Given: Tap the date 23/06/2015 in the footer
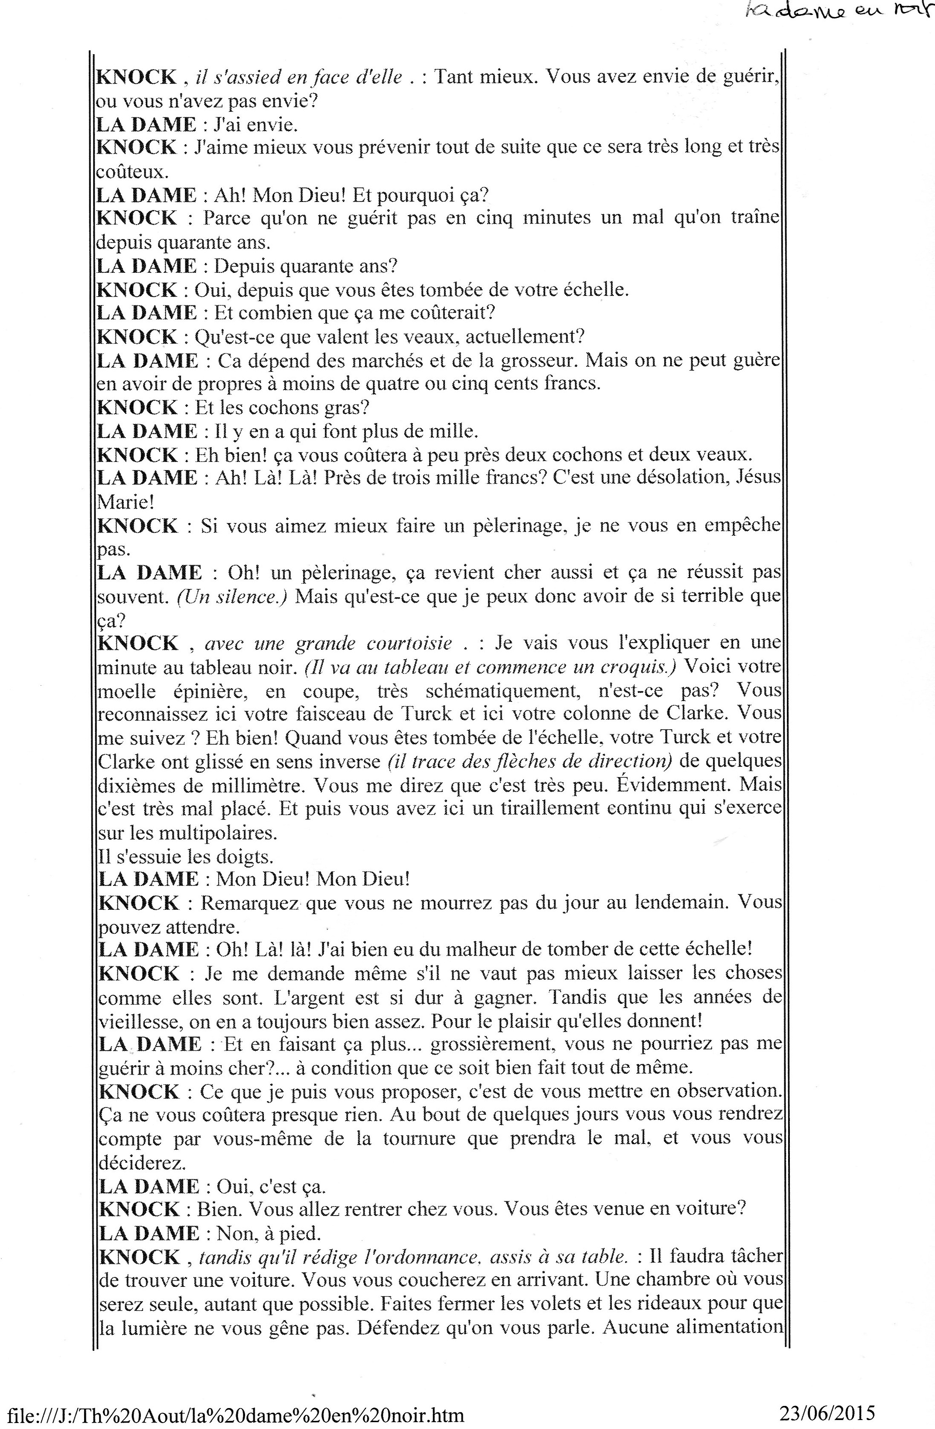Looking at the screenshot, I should click(827, 1412).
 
